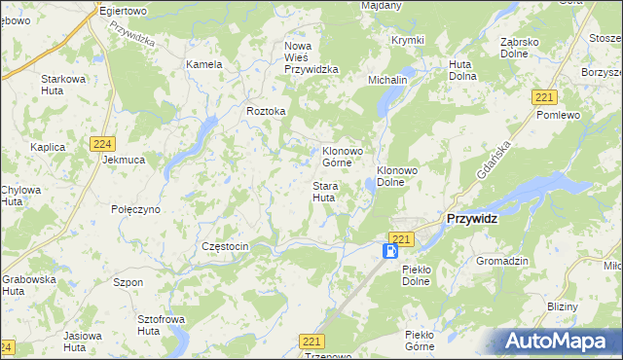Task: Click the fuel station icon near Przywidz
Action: [389, 251]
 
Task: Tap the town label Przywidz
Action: [472, 219]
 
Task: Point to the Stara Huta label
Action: [324, 191]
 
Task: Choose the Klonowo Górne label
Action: [341, 157]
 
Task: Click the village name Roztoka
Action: [266, 111]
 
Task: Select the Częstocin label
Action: [225, 246]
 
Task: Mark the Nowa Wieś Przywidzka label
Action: [311, 57]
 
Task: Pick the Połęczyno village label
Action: [135, 209]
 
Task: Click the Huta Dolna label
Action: [461, 70]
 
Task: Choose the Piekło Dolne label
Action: [422, 275]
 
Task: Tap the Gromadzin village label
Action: [501, 261]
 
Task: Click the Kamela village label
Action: [204, 64]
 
